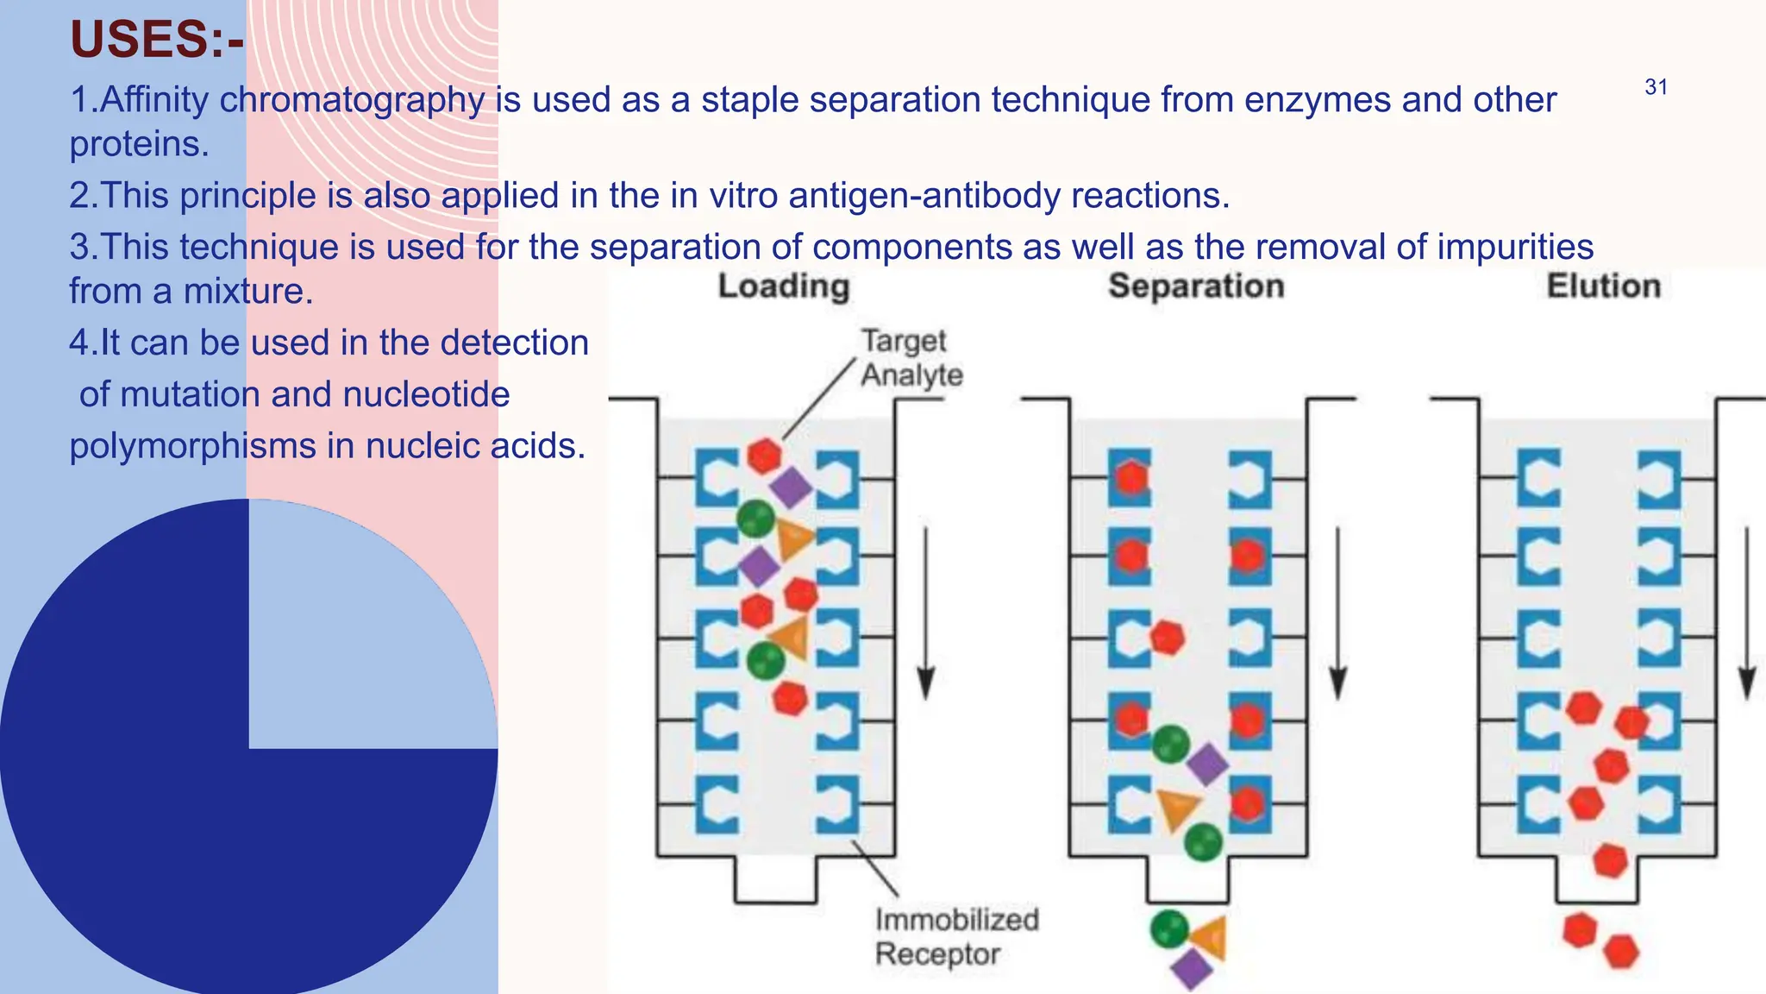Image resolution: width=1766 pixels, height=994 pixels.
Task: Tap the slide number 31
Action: click(x=1656, y=87)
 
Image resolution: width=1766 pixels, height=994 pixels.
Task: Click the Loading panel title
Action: click(x=784, y=286)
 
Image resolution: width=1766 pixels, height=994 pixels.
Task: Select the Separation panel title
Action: click(x=1196, y=286)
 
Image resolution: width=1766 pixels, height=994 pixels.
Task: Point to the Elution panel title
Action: click(x=1603, y=286)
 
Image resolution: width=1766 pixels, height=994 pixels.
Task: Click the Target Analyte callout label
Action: click(x=911, y=358)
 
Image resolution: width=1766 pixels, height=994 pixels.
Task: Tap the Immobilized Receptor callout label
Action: click(x=956, y=937)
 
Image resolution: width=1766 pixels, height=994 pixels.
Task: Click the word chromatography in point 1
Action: click(x=352, y=100)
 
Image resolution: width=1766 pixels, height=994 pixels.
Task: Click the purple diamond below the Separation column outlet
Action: click(x=1193, y=969)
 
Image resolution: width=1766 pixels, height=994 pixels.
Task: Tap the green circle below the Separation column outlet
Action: click(x=1169, y=929)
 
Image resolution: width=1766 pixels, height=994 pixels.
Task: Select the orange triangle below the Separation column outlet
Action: click(x=1210, y=937)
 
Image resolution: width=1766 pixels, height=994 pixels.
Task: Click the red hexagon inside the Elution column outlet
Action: click(x=1610, y=860)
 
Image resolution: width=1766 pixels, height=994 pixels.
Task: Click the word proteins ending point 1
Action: click(x=139, y=144)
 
